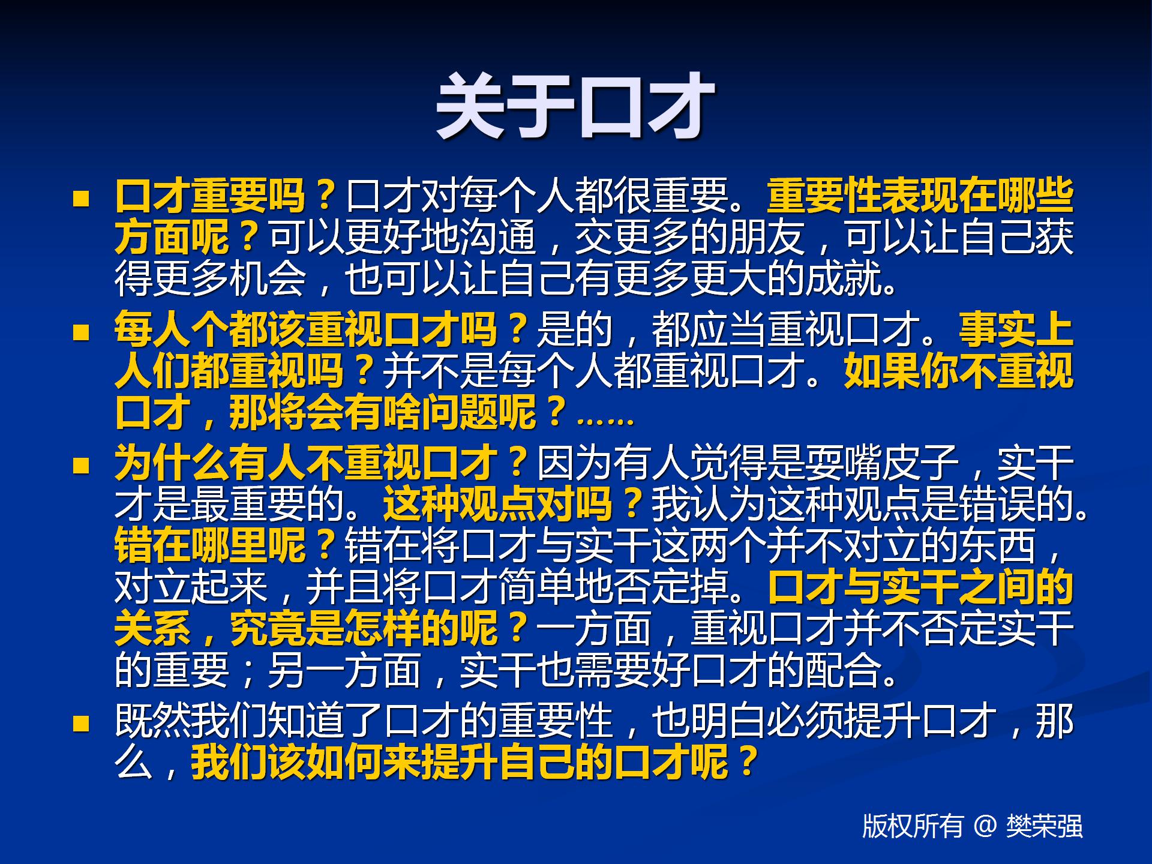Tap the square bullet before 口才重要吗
pyautogui.click(x=81, y=199)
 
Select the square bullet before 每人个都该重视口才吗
pyautogui.click(x=81, y=332)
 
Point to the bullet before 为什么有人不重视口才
pyautogui.click(x=81, y=466)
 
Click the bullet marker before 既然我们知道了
pyautogui.click(x=81, y=723)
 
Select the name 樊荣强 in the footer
pyautogui.click(x=1045, y=826)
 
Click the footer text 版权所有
pyautogui.click(x=912, y=826)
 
